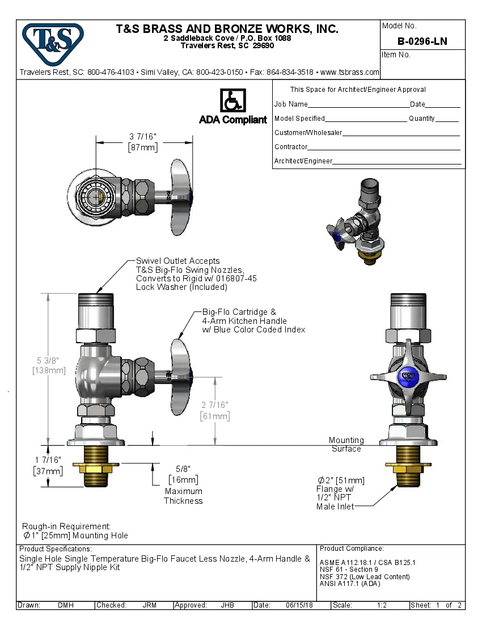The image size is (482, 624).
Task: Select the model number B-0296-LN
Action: [x=422, y=41]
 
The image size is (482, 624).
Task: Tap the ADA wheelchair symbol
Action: [x=232, y=101]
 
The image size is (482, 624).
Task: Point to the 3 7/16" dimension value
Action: [x=143, y=137]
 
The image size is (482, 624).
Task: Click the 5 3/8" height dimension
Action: [x=49, y=360]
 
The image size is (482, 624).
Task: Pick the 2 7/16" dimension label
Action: [x=215, y=405]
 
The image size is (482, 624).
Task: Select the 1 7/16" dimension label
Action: [x=48, y=460]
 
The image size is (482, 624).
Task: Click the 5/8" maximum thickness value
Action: [x=183, y=469]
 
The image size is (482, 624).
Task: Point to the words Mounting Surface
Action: [x=346, y=444]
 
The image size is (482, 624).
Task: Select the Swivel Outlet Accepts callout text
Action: [x=178, y=261]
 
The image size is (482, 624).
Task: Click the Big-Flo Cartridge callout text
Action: [x=239, y=312]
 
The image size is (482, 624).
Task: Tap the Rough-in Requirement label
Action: [x=66, y=526]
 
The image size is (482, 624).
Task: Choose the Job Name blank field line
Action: [x=358, y=106]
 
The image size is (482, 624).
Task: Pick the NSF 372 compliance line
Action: [x=365, y=577]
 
